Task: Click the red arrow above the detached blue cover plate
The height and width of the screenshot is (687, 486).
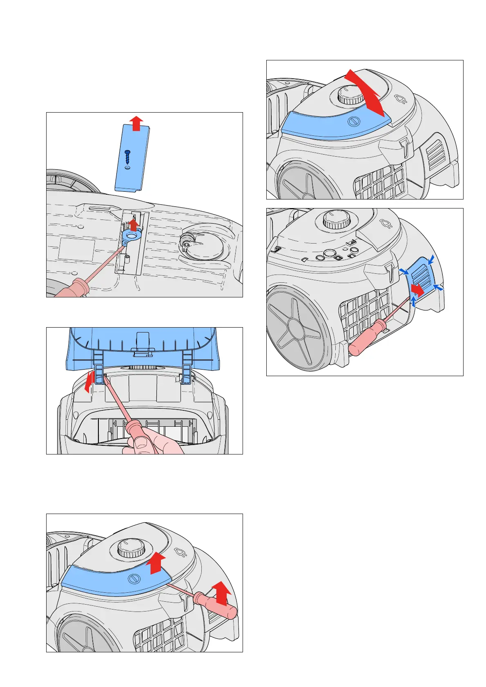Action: point(137,123)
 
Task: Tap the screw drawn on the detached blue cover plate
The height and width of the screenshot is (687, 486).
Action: point(127,156)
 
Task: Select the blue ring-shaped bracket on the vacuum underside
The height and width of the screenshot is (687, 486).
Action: point(131,236)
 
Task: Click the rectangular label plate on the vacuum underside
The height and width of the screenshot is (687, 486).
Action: point(76,249)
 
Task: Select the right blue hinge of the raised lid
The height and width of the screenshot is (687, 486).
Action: point(187,369)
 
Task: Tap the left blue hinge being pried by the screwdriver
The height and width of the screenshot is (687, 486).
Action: point(98,369)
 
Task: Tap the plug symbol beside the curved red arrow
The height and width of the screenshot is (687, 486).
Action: point(401,98)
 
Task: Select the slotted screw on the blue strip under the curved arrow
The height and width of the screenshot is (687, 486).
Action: point(353,122)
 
